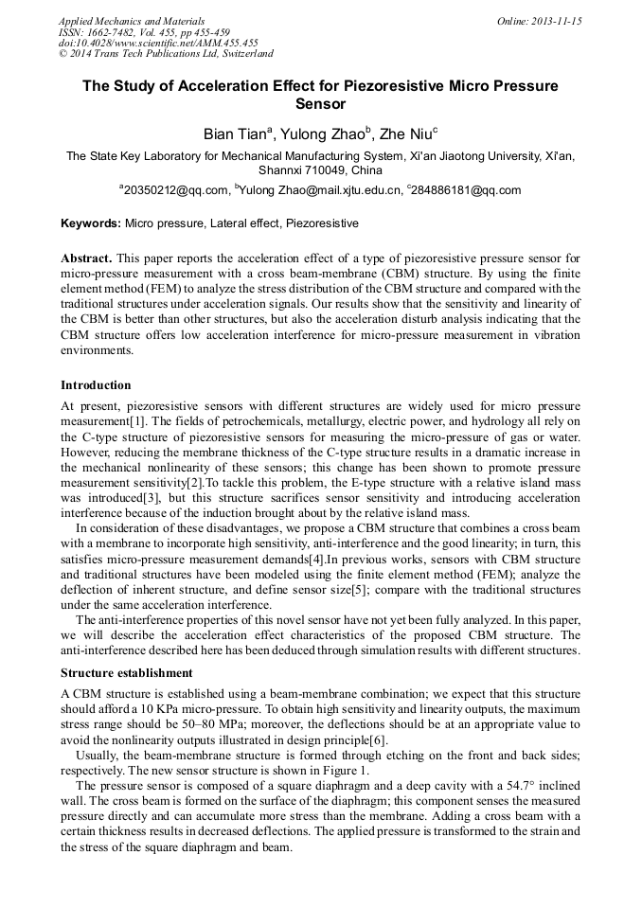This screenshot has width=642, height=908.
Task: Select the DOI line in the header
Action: (x=158, y=43)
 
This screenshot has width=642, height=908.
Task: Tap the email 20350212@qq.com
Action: (x=174, y=190)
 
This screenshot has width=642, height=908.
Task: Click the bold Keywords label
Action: (x=91, y=223)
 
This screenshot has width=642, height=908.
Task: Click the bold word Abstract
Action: (x=87, y=258)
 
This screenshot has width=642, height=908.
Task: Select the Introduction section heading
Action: (x=96, y=385)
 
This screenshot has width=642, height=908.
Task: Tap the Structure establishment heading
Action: (x=127, y=673)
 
